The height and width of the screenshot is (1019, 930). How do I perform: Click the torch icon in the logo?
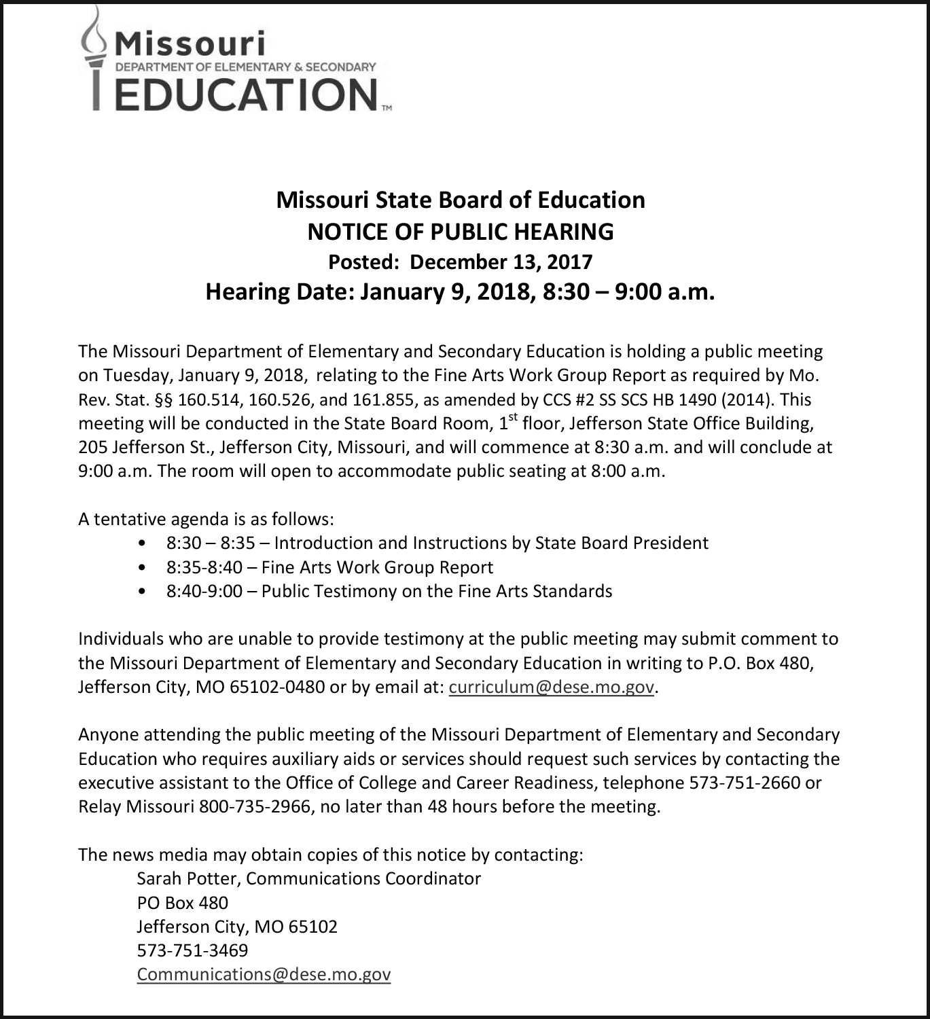95,58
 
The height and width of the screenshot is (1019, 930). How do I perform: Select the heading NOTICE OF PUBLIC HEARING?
461,232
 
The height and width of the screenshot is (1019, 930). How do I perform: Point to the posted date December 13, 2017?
501,262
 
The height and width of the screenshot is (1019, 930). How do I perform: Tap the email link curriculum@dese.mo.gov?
552,687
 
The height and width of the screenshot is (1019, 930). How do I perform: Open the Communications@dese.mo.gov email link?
264,974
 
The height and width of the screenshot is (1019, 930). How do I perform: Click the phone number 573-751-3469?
192,950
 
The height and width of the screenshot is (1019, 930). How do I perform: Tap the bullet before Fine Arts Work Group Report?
141,568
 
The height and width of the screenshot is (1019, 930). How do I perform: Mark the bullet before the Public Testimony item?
141,592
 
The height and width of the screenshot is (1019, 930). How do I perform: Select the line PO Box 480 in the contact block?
182,903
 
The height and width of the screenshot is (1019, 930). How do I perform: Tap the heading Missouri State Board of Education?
461,200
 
